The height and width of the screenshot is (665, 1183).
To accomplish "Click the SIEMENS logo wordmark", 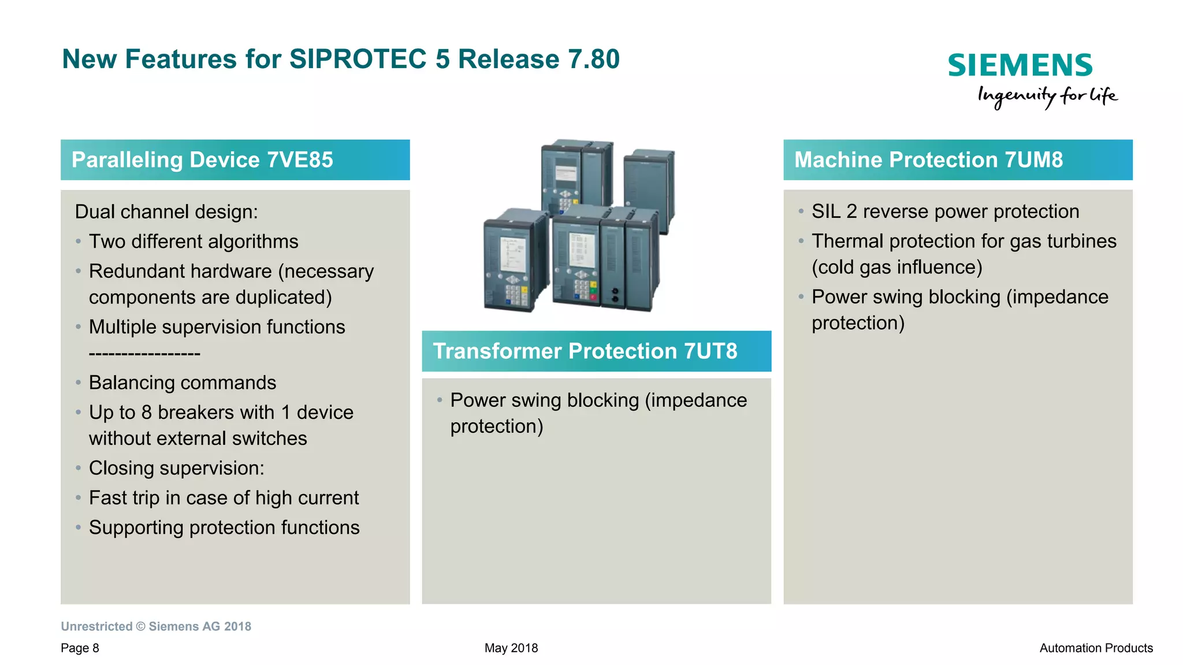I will click(x=1020, y=65).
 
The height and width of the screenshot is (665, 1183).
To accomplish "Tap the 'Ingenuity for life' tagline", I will click(x=1047, y=96).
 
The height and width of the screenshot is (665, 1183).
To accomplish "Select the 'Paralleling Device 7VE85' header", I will click(x=202, y=160).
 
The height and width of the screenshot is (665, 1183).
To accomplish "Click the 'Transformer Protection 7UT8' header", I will click(x=585, y=351).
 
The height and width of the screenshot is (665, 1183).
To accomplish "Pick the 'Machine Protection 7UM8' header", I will click(x=928, y=160).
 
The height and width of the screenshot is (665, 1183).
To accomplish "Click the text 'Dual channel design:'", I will click(x=166, y=212).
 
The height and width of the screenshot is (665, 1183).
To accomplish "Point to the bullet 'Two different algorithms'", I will click(x=194, y=242).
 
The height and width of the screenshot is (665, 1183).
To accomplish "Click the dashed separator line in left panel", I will click(x=144, y=354).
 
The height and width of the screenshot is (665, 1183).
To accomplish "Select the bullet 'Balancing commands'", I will click(x=183, y=383).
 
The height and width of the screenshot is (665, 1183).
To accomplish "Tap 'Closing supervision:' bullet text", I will click(x=176, y=469).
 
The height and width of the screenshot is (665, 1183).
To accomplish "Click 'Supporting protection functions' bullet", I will click(x=224, y=527).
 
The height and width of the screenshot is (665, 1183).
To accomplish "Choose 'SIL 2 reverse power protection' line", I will click(x=945, y=211).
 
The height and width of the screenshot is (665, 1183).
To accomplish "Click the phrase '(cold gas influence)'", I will click(x=896, y=268).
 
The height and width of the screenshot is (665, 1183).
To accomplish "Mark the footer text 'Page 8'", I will click(x=80, y=648).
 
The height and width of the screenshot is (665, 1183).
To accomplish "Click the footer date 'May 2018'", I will click(x=511, y=648).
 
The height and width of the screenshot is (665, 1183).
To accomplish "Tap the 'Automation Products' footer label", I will click(x=1096, y=648).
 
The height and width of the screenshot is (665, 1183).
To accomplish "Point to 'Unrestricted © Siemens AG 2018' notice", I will click(x=156, y=627).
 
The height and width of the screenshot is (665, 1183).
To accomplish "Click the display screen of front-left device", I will click(x=513, y=254).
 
